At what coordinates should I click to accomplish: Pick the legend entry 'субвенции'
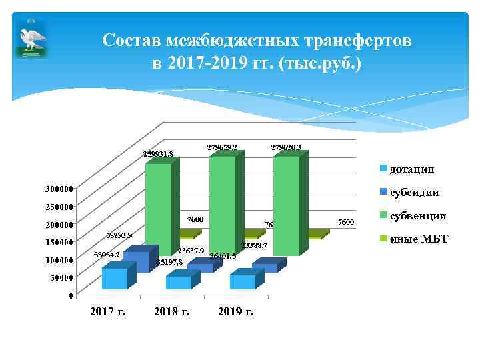(417, 216)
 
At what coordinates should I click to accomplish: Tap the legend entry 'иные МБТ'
(418, 239)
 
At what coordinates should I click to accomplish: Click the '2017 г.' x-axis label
(107, 311)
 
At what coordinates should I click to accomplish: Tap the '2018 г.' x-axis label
(171, 311)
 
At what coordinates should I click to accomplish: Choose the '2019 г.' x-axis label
(235, 311)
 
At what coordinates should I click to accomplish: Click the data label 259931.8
(159, 154)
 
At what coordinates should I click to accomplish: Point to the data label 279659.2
(221, 146)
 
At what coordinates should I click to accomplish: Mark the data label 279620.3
(286, 146)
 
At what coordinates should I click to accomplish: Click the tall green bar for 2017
(158, 207)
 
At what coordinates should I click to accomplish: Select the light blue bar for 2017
(115, 278)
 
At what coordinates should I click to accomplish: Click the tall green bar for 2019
(286, 203)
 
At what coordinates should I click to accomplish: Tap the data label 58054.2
(107, 255)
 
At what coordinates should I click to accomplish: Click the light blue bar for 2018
(178, 282)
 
